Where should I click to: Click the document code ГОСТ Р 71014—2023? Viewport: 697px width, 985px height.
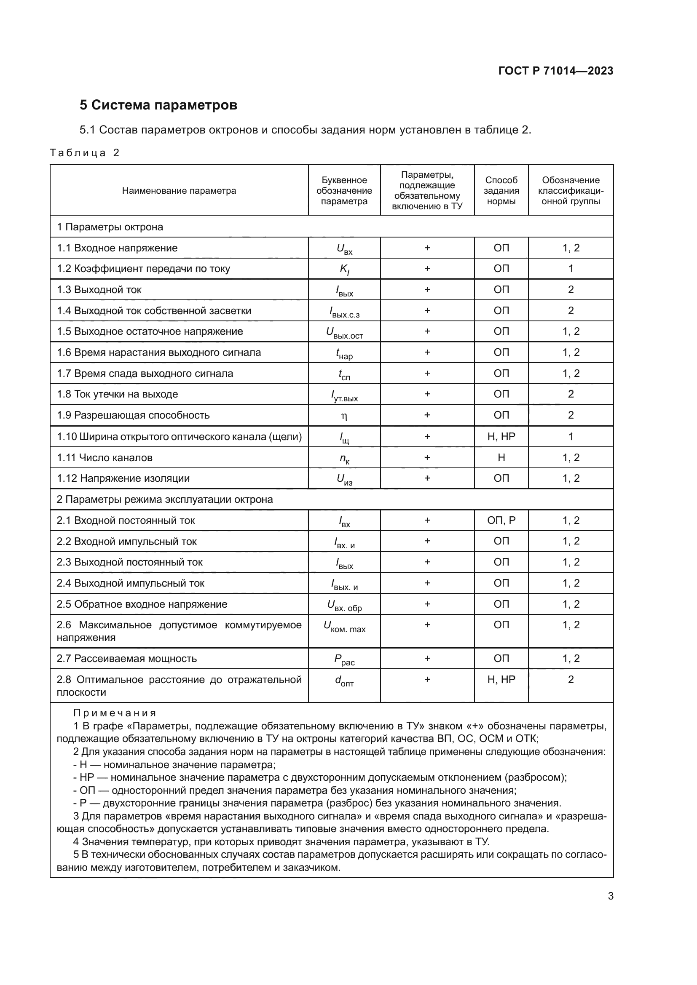555,71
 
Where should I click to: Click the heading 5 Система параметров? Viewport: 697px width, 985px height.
158,105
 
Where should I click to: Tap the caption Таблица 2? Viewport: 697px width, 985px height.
85,153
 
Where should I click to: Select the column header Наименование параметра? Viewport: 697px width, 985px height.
179,190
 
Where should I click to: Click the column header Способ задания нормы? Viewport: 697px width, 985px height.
501,190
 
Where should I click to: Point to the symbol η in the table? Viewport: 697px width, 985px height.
344,416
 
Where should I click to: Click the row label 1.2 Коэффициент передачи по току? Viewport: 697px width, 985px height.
143,269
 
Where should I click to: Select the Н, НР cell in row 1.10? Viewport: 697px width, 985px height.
501,436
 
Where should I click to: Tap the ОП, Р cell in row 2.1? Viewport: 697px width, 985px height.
501,521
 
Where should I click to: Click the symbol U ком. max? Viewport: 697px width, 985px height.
344,627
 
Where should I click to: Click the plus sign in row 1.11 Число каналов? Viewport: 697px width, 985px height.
427,457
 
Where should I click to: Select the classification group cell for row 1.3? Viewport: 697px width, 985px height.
571,290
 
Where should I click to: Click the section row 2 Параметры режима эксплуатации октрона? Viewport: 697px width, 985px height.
164,499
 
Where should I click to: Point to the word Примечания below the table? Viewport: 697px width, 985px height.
115,713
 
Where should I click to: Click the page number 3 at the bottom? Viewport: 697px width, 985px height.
610,896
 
